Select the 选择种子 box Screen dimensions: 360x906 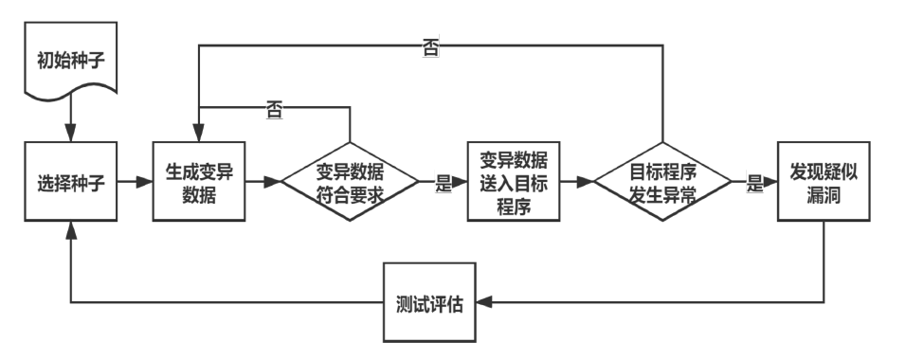tap(71, 181)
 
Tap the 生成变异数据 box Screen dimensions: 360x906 tap(198, 181)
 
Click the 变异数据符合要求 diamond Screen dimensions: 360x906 tap(350, 181)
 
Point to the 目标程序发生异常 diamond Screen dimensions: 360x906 tap(662, 181)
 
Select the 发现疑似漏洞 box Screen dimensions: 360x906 tap(822, 181)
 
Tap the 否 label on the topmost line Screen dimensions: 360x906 tap(430, 47)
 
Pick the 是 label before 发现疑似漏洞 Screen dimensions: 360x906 tap(754, 184)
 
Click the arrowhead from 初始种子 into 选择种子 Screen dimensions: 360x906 tap(71, 135)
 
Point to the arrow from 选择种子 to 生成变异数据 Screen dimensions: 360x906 tap(135, 181)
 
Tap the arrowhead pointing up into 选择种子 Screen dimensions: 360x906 tap(71, 228)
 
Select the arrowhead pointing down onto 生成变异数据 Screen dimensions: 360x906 tap(198, 135)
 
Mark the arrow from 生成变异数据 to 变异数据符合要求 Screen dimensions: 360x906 tap(263, 181)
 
